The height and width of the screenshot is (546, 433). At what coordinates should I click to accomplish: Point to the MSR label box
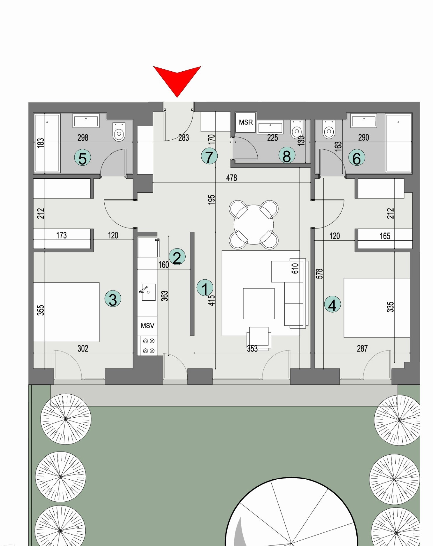tap(246, 122)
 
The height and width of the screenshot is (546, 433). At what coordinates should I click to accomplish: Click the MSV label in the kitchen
tap(147, 326)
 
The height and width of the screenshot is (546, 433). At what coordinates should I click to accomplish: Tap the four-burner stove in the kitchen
tap(149, 346)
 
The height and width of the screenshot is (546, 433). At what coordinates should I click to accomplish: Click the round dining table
tap(254, 224)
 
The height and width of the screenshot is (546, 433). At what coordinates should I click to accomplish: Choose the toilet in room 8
tap(297, 130)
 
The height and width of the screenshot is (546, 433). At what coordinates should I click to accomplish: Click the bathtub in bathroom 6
tap(398, 143)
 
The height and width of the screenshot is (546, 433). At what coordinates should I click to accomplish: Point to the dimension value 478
tap(232, 178)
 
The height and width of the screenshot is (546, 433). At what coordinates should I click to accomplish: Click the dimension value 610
tap(295, 268)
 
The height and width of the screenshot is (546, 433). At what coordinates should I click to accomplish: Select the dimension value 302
tap(83, 348)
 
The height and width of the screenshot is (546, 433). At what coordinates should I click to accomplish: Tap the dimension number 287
tap(362, 348)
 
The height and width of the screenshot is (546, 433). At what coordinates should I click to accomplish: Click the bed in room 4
tap(377, 308)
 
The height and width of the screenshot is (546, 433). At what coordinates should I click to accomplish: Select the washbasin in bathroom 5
tap(86, 121)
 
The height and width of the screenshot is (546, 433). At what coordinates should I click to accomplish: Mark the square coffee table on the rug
tap(259, 303)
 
